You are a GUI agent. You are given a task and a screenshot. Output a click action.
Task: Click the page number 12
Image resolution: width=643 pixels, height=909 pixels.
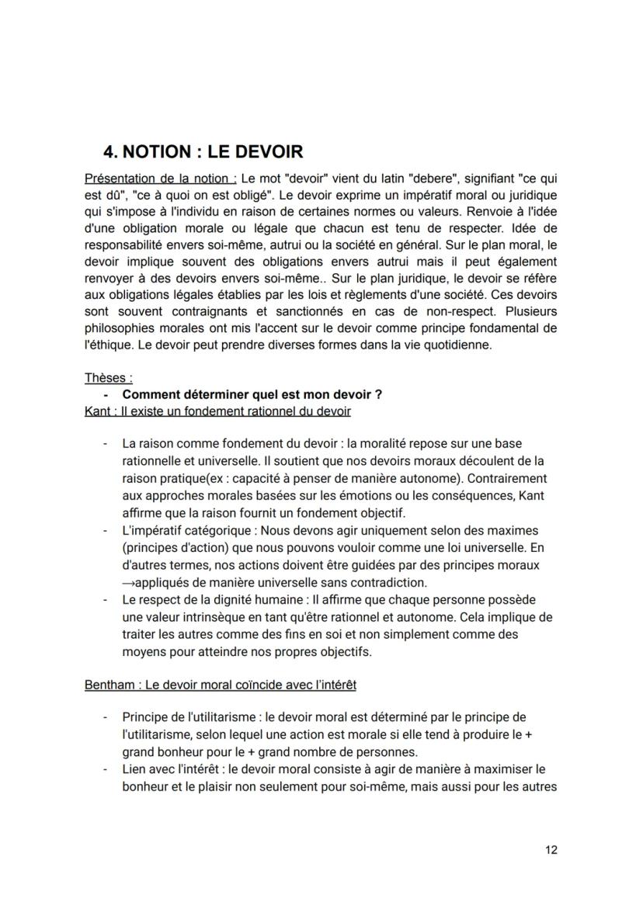(551, 850)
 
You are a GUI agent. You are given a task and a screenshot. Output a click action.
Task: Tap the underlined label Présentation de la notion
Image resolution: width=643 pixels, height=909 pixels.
(150, 178)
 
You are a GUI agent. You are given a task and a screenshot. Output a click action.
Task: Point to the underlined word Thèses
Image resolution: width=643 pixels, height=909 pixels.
(108, 378)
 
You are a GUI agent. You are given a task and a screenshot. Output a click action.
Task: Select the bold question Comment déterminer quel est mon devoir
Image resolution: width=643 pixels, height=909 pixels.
(252, 394)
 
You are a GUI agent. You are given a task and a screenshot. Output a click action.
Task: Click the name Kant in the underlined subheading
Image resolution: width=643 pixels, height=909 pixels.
(97, 411)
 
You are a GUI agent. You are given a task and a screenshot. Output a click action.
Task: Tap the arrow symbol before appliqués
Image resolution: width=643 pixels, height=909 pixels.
(128, 581)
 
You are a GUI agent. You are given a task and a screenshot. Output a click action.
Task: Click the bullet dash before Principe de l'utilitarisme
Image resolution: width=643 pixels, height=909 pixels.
(105, 716)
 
